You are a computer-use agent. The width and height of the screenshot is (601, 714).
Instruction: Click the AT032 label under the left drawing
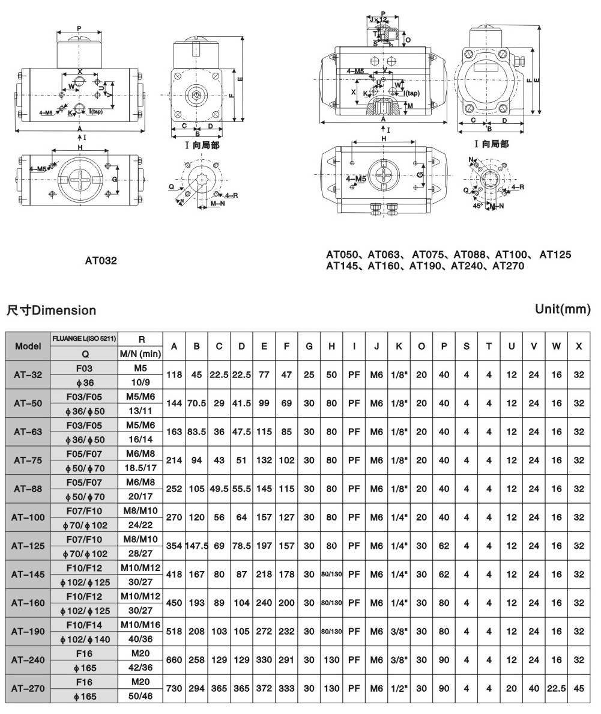coord(101,261)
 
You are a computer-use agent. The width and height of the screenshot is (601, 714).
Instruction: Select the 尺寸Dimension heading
coord(51,310)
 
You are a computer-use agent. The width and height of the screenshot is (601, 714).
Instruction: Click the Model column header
coord(28,346)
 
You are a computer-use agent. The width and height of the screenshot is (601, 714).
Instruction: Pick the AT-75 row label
coord(28,460)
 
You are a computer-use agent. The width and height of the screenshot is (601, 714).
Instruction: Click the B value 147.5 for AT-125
coord(196,546)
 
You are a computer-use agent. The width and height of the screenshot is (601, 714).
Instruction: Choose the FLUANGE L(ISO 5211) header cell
coord(85,338)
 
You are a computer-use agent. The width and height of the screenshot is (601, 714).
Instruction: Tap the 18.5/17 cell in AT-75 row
coord(140,467)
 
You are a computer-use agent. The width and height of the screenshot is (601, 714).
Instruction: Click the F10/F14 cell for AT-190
coord(85,625)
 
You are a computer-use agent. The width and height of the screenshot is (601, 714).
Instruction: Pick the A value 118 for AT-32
coord(174,374)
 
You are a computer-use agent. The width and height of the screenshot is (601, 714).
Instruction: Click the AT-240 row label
coord(28,660)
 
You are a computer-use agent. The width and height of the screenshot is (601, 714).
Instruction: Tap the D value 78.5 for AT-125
coord(241,546)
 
